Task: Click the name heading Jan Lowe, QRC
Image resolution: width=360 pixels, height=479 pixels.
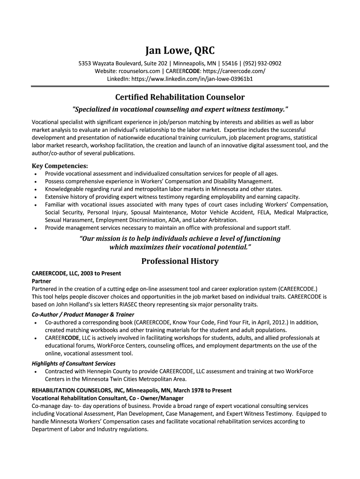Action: [180, 51]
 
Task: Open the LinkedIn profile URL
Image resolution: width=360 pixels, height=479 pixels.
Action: [192, 79]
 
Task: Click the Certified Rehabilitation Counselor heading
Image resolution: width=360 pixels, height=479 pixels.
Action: [180, 97]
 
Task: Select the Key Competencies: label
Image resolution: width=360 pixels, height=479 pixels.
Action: [59, 166]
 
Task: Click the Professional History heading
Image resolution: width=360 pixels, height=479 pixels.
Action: [180, 261]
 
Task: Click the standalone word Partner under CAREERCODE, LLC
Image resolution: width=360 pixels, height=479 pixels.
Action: [41, 282]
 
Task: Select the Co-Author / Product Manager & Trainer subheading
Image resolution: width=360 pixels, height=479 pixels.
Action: [83, 314]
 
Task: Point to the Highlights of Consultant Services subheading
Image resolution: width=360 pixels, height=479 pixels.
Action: [73, 363]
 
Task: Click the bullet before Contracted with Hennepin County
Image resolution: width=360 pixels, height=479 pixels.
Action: [36, 371]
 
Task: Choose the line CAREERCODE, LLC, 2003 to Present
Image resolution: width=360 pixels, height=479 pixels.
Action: [76, 274]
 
